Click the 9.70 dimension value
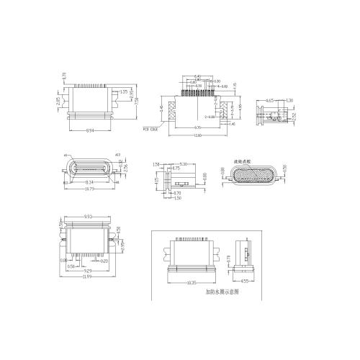196,127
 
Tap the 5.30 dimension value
183,164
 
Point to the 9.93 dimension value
87,215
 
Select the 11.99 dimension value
87,277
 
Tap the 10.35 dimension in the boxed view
192,283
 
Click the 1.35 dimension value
124,91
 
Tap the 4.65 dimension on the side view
270,100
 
